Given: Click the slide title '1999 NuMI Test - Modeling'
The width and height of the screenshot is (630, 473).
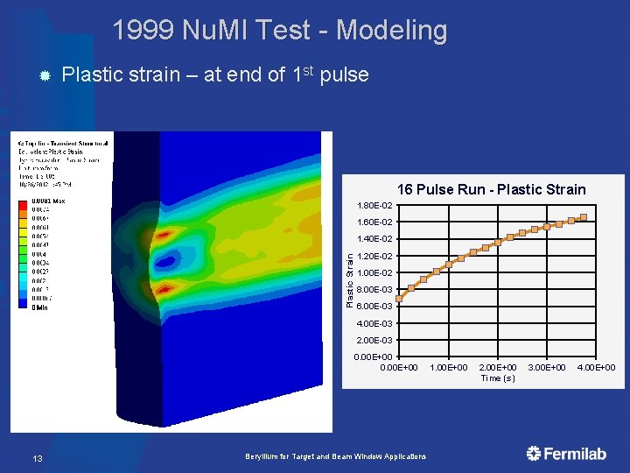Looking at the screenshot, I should click(x=279, y=31).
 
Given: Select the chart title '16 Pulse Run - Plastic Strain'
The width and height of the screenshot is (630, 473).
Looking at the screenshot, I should click(x=491, y=189).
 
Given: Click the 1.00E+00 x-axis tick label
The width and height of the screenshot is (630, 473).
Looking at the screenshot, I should click(x=450, y=367).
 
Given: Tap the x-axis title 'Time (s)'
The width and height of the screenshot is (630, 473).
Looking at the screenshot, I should click(x=498, y=378).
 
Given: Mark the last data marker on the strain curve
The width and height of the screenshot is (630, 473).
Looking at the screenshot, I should click(x=584, y=217).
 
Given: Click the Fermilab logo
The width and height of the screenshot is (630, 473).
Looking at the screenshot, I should click(x=566, y=453).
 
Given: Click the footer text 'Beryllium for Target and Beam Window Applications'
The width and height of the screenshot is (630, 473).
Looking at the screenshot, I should click(x=336, y=456).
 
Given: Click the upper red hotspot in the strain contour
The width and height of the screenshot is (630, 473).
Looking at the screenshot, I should click(x=164, y=236).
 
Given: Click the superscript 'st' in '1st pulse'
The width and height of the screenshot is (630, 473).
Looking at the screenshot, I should click(x=311, y=69).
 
